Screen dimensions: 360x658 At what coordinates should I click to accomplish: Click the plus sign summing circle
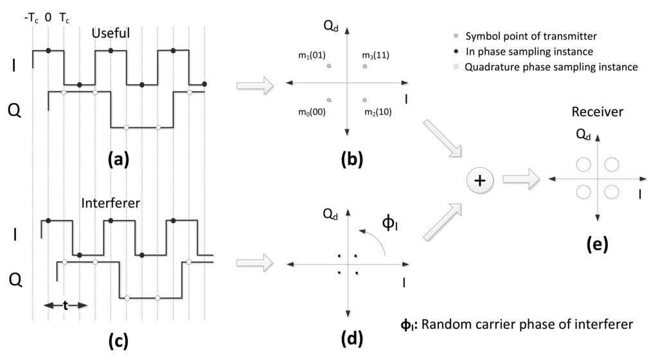(479, 182)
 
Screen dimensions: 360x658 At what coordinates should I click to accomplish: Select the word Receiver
(597, 113)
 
